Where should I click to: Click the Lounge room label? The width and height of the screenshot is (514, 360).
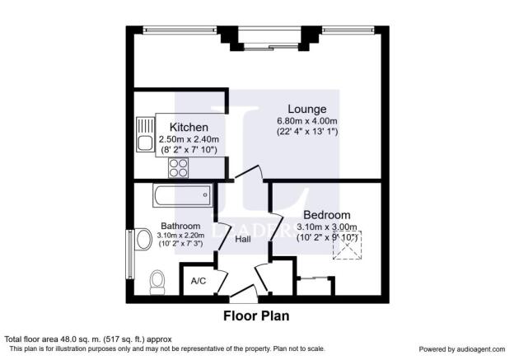(306, 109)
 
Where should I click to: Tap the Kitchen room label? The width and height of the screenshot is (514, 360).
(188, 127)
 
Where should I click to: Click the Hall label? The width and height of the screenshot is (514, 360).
(243, 240)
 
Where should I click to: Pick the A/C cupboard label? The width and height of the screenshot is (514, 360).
(199, 281)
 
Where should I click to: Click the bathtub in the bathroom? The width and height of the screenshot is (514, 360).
(182, 196)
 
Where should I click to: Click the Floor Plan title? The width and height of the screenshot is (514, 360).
(256, 315)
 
